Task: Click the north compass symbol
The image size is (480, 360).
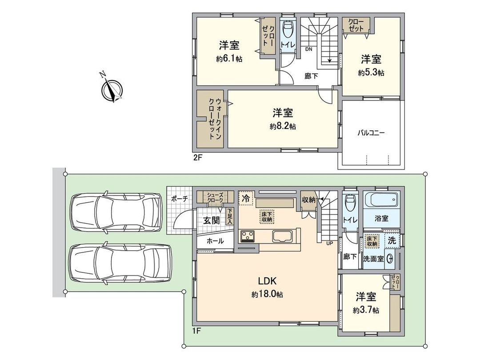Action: [x=112, y=88]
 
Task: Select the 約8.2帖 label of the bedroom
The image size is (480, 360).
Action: [x=283, y=126]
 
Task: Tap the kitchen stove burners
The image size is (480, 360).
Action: [x=247, y=236]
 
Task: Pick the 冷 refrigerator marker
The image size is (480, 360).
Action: [x=246, y=199]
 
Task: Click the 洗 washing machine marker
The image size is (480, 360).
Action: [x=392, y=240]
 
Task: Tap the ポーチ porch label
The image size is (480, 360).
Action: [x=180, y=199]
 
